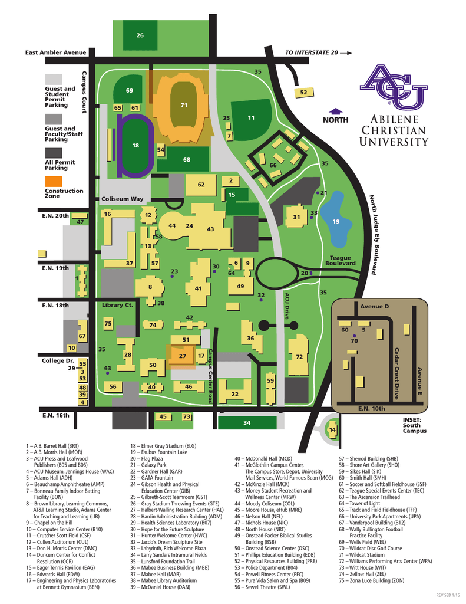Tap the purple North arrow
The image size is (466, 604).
pos(336,111)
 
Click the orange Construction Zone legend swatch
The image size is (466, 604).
pos(54,180)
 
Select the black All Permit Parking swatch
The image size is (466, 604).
pos(54,151)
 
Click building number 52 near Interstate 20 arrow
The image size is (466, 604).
pos(303,93)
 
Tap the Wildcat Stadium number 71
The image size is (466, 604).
pos(183,105)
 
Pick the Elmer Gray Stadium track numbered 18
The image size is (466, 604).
pos(135,145)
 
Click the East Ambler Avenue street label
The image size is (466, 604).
pos(55,52)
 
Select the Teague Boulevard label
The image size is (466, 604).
pos(340,260)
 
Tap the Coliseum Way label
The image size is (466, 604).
pos(122,199)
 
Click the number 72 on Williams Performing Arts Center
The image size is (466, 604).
pos(299,357)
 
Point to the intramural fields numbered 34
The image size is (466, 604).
pos(247,422)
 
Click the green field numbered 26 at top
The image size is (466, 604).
pos(140,36)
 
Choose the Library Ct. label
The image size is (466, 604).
pos(117,305)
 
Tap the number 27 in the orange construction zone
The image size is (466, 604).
pos(183,356)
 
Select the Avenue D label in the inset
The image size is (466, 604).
pos(375,307)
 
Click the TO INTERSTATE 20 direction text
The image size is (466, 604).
pos(312,52)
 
